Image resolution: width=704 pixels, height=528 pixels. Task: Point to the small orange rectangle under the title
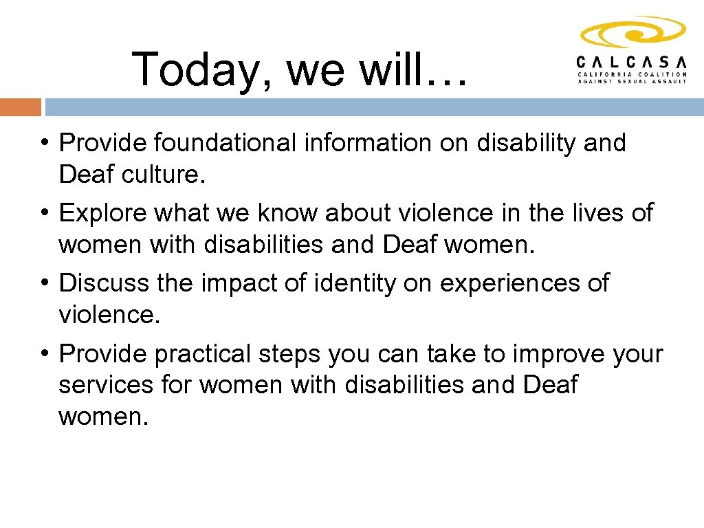click(21, 107)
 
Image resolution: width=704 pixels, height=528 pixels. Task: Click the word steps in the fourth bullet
click(289, 355)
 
